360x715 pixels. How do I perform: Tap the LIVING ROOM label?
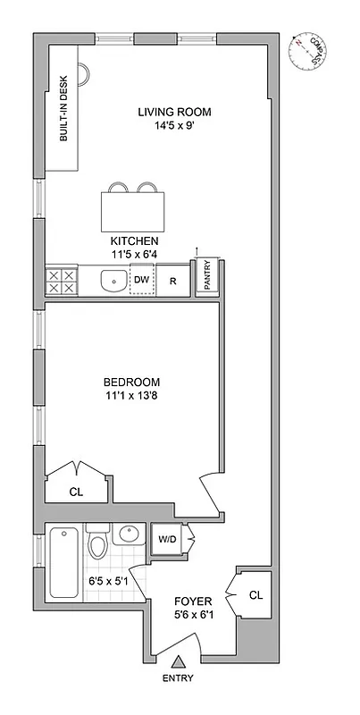point(174,112)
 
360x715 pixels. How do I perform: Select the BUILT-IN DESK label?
point(64,120)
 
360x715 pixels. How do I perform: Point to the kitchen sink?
point(113,282)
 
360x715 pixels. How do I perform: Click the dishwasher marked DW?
point(140,280)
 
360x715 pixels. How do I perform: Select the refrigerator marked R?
point(173,281)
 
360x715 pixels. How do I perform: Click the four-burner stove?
point(60,282)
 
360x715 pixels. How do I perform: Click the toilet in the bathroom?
point(98,543)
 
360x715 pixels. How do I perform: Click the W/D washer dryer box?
point(167,539)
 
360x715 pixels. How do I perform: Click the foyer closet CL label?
point(255,594)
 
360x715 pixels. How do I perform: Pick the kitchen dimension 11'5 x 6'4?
point(134,255)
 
